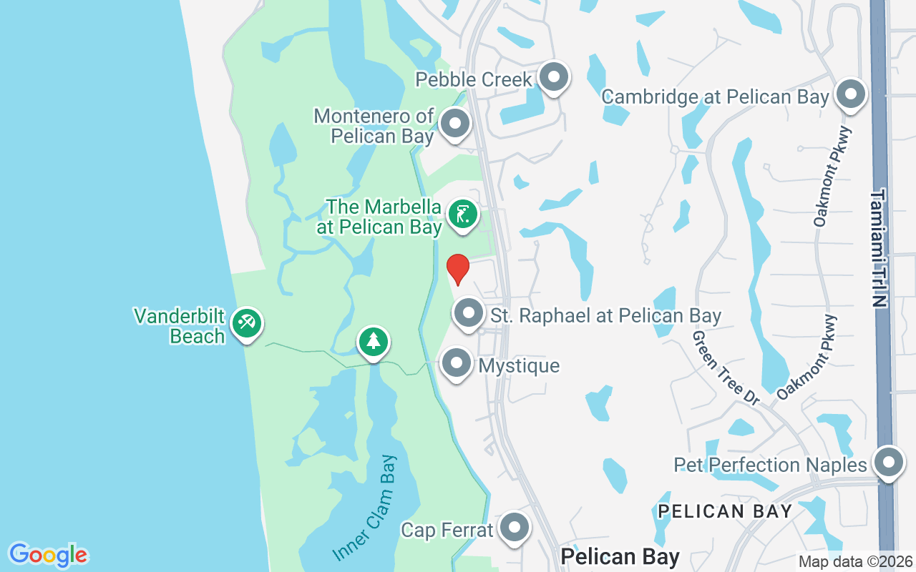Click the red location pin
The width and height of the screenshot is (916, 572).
click(458, 269)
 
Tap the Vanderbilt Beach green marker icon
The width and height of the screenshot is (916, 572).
click(247, 324)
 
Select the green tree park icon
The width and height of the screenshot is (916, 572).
click(373, 342)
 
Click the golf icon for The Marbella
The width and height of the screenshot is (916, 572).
click(463, 214)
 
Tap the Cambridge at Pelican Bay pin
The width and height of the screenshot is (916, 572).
click(851, 94)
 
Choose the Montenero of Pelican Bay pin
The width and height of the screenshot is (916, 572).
click(454, 124)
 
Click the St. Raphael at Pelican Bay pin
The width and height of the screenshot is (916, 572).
click(469, 313)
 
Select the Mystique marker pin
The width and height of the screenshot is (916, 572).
click(457, 364)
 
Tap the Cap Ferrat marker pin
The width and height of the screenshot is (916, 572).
click(514, 528)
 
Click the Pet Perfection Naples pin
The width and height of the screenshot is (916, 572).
click(888, 463)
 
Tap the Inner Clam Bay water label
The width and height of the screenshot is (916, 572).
click(365, 508)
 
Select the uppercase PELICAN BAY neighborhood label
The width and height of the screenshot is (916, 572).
click(725, 511)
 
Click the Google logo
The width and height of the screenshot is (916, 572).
click(48, 555)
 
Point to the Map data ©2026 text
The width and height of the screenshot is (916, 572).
click(855, 562)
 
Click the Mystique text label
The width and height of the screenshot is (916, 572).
click(519, 366)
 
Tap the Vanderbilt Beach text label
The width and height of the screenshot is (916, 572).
click(180, 326)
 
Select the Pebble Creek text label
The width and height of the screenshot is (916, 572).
click(474, 79)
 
